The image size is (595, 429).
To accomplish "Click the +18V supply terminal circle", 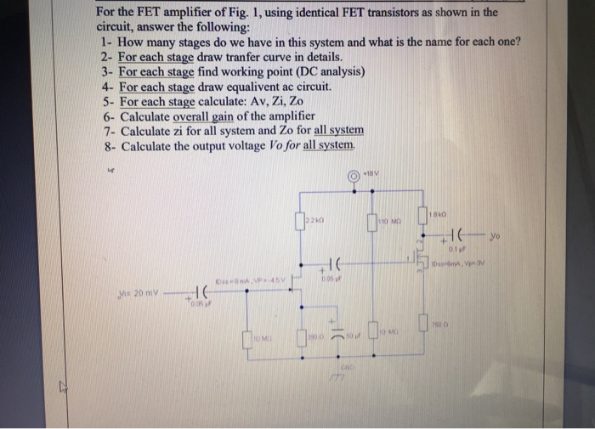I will pyautogui.click(x=353, y=177).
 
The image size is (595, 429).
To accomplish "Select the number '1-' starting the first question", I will pyautogui.click(x=106, y=42).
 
